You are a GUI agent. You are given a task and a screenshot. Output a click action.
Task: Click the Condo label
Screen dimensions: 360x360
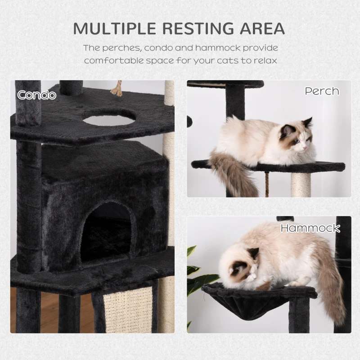(36, 95)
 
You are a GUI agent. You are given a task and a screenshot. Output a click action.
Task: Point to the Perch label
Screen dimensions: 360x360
(322, 91)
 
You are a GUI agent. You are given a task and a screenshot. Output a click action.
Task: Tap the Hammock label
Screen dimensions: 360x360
(310, 228)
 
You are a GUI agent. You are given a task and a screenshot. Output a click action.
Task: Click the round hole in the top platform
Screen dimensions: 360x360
(110, 118)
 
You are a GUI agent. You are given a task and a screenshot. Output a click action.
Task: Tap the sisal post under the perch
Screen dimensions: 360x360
(301, 184)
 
